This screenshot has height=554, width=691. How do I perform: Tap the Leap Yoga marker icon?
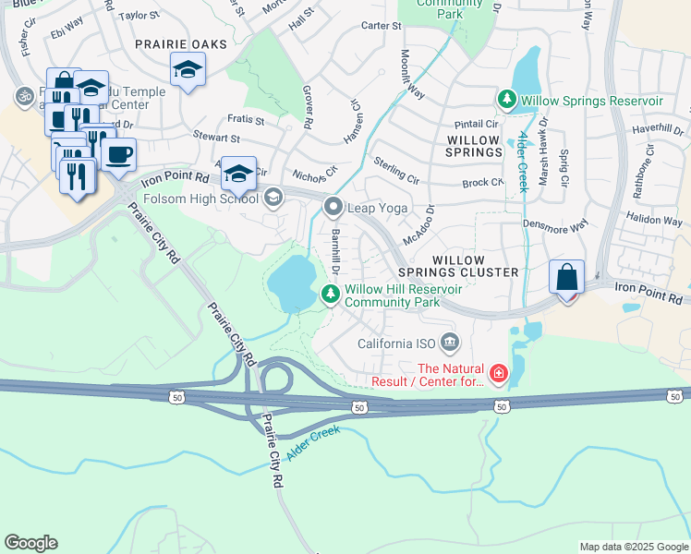click(332, 207)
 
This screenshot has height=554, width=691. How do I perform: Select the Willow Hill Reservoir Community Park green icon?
click(331, 294)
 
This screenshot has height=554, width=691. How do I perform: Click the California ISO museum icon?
click(450, 343)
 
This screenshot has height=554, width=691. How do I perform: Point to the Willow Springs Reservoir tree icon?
click(506, 99)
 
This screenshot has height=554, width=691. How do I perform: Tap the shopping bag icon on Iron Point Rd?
click(566, 278)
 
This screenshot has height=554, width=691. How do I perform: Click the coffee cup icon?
click(118, 154)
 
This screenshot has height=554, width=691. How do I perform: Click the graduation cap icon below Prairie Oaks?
click(188, 69)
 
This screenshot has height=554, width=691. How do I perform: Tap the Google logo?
click(30, 543)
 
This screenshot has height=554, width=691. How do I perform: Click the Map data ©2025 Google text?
click(633, 547)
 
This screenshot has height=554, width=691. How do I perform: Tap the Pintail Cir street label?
click(476, 123)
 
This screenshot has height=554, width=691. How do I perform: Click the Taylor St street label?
click(139, 16)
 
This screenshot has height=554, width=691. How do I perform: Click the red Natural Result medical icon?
click(499, 373)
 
